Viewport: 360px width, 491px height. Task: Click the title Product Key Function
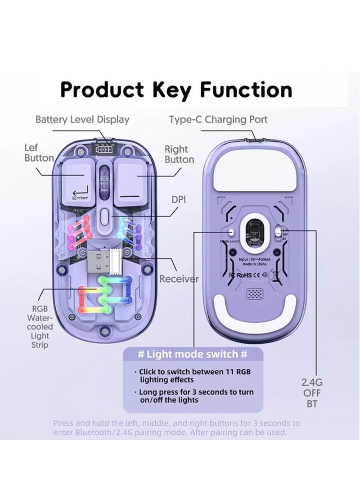click(x=176, y=90)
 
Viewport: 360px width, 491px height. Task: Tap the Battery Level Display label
click(x=82, y=120)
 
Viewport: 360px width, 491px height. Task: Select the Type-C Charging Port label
click(x=218, y=120)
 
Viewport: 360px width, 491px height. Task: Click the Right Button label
click(x=179, y=154)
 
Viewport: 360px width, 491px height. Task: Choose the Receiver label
click(x=179, y=279)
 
